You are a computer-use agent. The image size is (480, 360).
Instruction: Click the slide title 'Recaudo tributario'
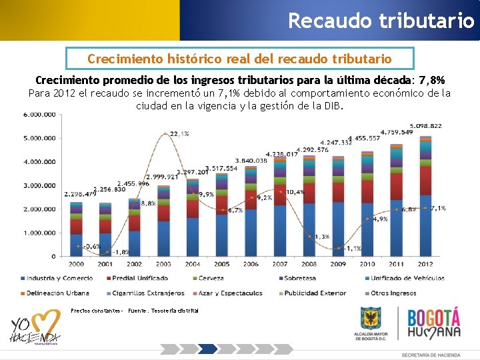click(381, 20)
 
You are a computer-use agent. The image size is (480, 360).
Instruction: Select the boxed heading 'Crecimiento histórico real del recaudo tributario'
click(239, 59)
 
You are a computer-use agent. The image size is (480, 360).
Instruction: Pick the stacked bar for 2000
click(77, 230)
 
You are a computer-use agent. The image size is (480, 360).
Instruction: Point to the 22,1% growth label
click(179, 134)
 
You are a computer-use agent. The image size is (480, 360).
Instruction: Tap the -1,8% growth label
click(121, 252)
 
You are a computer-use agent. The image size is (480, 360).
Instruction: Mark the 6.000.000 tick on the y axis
click(39, 115)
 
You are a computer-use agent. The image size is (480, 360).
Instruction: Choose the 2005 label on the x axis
click(222, 264)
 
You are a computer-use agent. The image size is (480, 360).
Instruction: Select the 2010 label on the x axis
click(367, 264)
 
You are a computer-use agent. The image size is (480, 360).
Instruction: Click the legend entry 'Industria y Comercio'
click(59, 278)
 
